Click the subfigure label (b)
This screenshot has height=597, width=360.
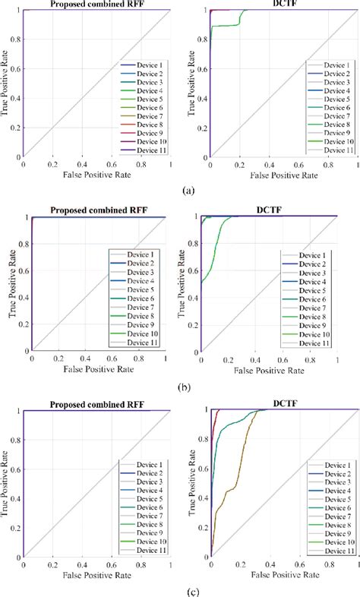coord(182,387)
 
